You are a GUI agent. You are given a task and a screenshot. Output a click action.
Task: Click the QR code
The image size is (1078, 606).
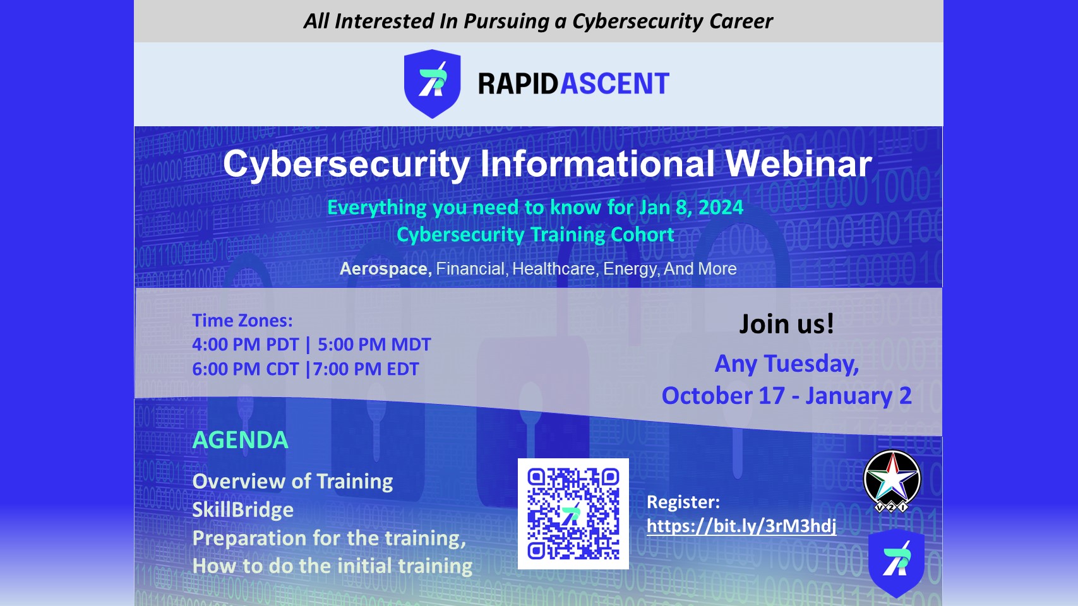[573, 514]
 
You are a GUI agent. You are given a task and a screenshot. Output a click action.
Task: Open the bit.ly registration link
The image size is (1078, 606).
[741, 526]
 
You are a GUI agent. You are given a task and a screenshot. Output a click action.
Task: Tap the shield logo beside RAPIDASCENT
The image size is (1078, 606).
[432, 84]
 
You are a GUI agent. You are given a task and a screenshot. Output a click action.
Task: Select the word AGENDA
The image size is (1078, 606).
[240, 440]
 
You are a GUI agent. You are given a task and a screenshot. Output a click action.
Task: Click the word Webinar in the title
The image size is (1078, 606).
[798, 164]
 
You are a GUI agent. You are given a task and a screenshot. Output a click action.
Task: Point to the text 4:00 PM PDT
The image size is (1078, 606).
[246, 345]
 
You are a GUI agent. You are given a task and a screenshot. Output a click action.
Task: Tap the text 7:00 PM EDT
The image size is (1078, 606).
[366, 369]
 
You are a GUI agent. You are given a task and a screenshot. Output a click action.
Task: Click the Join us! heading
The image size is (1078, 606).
[786, 324]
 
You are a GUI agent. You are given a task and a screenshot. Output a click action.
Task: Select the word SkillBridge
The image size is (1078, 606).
[243, 510]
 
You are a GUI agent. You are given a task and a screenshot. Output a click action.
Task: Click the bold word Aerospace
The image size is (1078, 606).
[385, 268]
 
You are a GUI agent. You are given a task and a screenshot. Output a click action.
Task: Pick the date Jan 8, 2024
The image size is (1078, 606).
[691, 207]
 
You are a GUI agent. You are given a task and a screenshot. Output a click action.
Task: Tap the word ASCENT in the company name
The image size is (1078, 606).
[614, 84]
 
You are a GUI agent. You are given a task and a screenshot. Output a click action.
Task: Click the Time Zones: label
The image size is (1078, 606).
[242, 320]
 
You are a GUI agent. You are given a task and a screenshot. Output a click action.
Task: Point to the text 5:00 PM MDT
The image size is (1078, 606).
[374, 345]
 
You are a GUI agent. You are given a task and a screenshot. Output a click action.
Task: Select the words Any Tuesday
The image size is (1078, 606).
[786, 364]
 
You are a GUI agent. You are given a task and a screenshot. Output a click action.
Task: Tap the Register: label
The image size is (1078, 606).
[683, 502]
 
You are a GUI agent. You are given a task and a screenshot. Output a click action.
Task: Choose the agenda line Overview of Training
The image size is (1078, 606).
[292, 482]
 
